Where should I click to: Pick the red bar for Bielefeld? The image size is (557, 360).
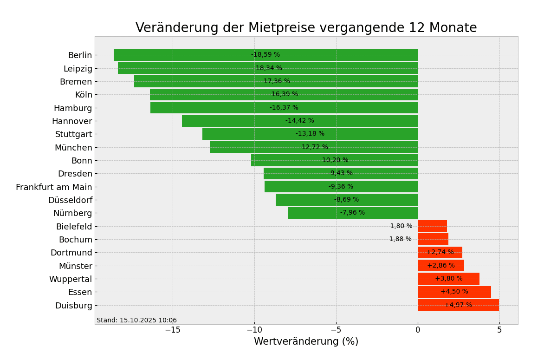point(432,226)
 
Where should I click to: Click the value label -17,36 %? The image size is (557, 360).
point(275,81)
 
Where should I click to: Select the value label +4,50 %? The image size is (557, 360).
point(454,292)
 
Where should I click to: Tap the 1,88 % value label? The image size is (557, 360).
point(400,239)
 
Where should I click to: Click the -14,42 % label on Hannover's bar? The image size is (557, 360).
point(299,121)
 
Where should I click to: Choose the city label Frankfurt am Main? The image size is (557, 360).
point(54,187)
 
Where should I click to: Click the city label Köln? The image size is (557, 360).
point(84,95)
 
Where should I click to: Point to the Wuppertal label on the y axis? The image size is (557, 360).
point(71,279)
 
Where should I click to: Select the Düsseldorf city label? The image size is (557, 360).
point(70,200)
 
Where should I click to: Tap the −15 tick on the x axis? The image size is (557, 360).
point(172,330)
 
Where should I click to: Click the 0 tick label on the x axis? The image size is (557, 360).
point(418,330)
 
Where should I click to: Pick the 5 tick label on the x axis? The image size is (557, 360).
point(499,330)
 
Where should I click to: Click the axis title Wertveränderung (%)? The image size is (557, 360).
point(306,342)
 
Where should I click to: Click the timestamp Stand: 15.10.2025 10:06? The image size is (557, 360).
point(136,321)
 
